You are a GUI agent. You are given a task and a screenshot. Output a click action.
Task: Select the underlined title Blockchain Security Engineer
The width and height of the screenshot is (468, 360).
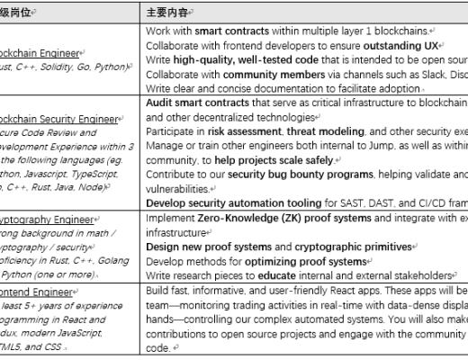(x=59, y=118)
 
